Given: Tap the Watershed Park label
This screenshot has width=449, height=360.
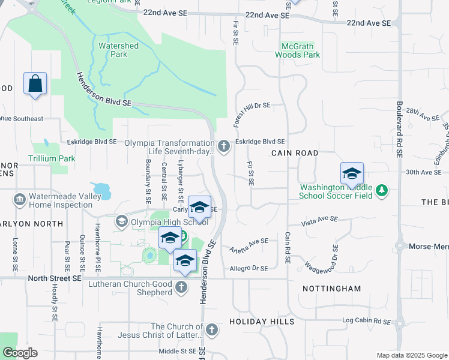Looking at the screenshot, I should [118, 50].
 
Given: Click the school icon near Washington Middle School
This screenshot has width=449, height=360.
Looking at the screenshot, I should [352, 175].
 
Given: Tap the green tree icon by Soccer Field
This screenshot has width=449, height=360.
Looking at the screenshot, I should [381, 191].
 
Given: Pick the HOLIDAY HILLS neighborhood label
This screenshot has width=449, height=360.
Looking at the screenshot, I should [262, 322].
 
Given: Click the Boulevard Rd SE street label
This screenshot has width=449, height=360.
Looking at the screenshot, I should [399, 126].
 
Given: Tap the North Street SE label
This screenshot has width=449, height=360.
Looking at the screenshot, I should [54, 278].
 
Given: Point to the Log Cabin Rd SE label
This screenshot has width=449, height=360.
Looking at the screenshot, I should [367, 322].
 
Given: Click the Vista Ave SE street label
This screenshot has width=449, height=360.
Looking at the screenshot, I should [320, 220].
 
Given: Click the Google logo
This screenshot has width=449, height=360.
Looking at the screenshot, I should [20, 353].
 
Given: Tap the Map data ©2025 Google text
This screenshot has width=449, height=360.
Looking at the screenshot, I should [411, 355].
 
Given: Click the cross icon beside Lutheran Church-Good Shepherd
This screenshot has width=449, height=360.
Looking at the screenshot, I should [181, 288].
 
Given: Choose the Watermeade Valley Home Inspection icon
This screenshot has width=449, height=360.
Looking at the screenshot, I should [19, 199].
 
